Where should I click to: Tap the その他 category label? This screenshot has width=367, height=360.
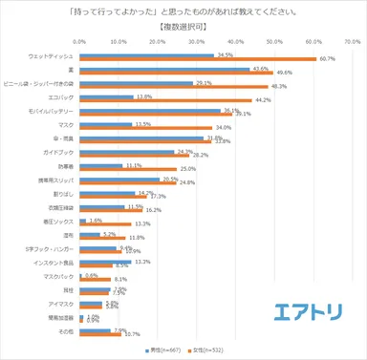pos(68,332)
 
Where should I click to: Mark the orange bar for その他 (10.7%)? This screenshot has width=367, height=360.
pos(99,334)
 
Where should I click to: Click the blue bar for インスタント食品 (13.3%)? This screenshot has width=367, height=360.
pos(105,262)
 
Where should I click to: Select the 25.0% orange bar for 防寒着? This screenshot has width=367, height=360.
pos(127,169)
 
